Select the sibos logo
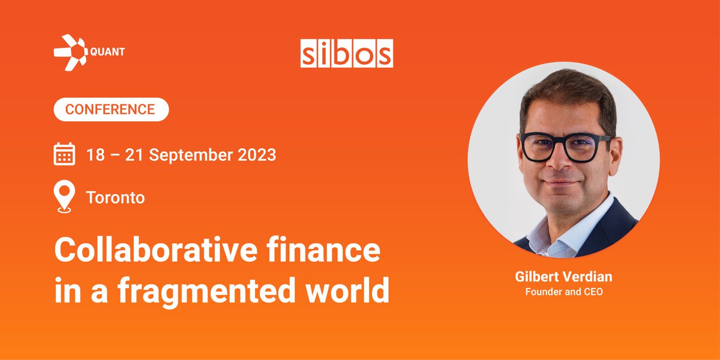pos(347,53)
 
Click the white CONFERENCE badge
pos(111,110)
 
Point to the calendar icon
pos(64,154)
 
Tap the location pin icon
pos(64,197)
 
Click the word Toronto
pos(116,197)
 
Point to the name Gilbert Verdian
pos(563,277)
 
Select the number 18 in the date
pos(95,155)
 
